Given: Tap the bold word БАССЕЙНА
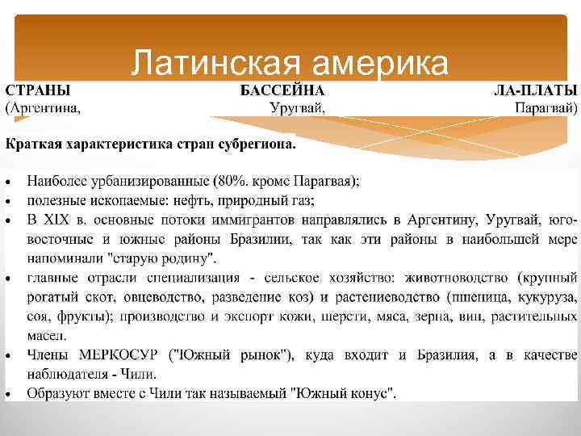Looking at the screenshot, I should coord(283,90).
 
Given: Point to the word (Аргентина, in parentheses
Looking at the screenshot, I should coord(44,107).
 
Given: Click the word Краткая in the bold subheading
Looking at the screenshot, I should coord(33,146).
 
